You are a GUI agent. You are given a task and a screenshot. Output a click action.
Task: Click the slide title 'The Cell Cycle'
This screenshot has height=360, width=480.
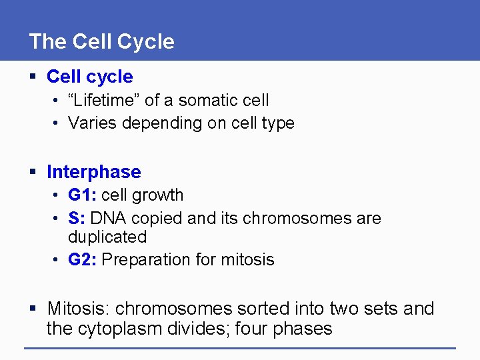pyautogui.click(x=101, y=41)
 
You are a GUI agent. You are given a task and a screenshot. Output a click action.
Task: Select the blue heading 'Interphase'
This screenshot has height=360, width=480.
pyautogui.click(x=93, y=172)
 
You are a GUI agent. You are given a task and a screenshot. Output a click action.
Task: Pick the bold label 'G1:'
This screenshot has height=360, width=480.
pyautogui.click(x=82, y=195)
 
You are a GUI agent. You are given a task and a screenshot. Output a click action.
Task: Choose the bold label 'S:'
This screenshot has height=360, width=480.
pyautogui.click(x=77, y=219)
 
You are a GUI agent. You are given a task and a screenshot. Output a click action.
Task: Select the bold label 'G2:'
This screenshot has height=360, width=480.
pyautogui.click(x=82, y=260)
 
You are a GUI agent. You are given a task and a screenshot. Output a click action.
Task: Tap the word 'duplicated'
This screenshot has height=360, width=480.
pyautogui.click(x=107, y=237)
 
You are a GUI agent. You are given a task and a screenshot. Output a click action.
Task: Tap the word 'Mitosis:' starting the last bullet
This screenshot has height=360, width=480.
pyautogui.click(x=78, y=309)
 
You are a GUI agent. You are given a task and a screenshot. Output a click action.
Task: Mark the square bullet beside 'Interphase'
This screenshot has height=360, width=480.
pyautogui.click(x=34, y=173)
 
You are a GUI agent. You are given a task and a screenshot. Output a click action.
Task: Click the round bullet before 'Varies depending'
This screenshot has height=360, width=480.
pyautogui.click(x=58, y=123)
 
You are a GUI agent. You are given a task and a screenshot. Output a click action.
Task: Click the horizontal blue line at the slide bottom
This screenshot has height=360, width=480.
pyautogui.click(x=240, y=348)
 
